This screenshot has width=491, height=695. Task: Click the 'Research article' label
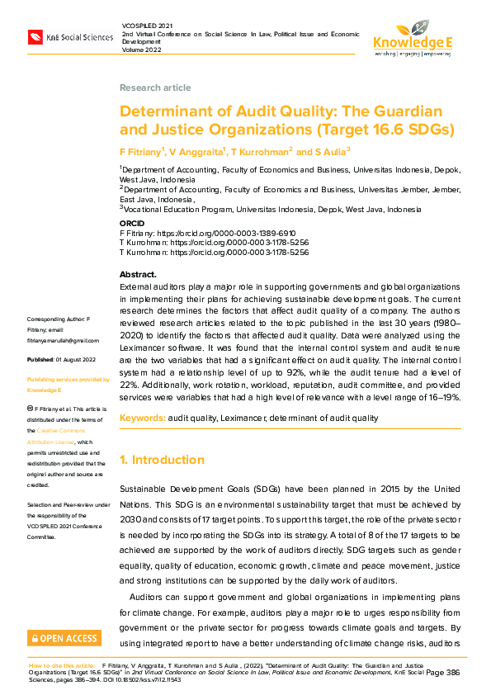click(x=155, y=87)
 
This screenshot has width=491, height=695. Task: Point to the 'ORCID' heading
click(x=133, y=224)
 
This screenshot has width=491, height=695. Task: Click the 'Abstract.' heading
click(x=138, y=274)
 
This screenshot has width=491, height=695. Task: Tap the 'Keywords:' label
click(x=142, y=418)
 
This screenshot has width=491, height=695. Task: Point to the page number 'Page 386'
click(x=442, y=673)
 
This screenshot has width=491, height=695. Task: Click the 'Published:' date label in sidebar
click(x=40, y=361)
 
